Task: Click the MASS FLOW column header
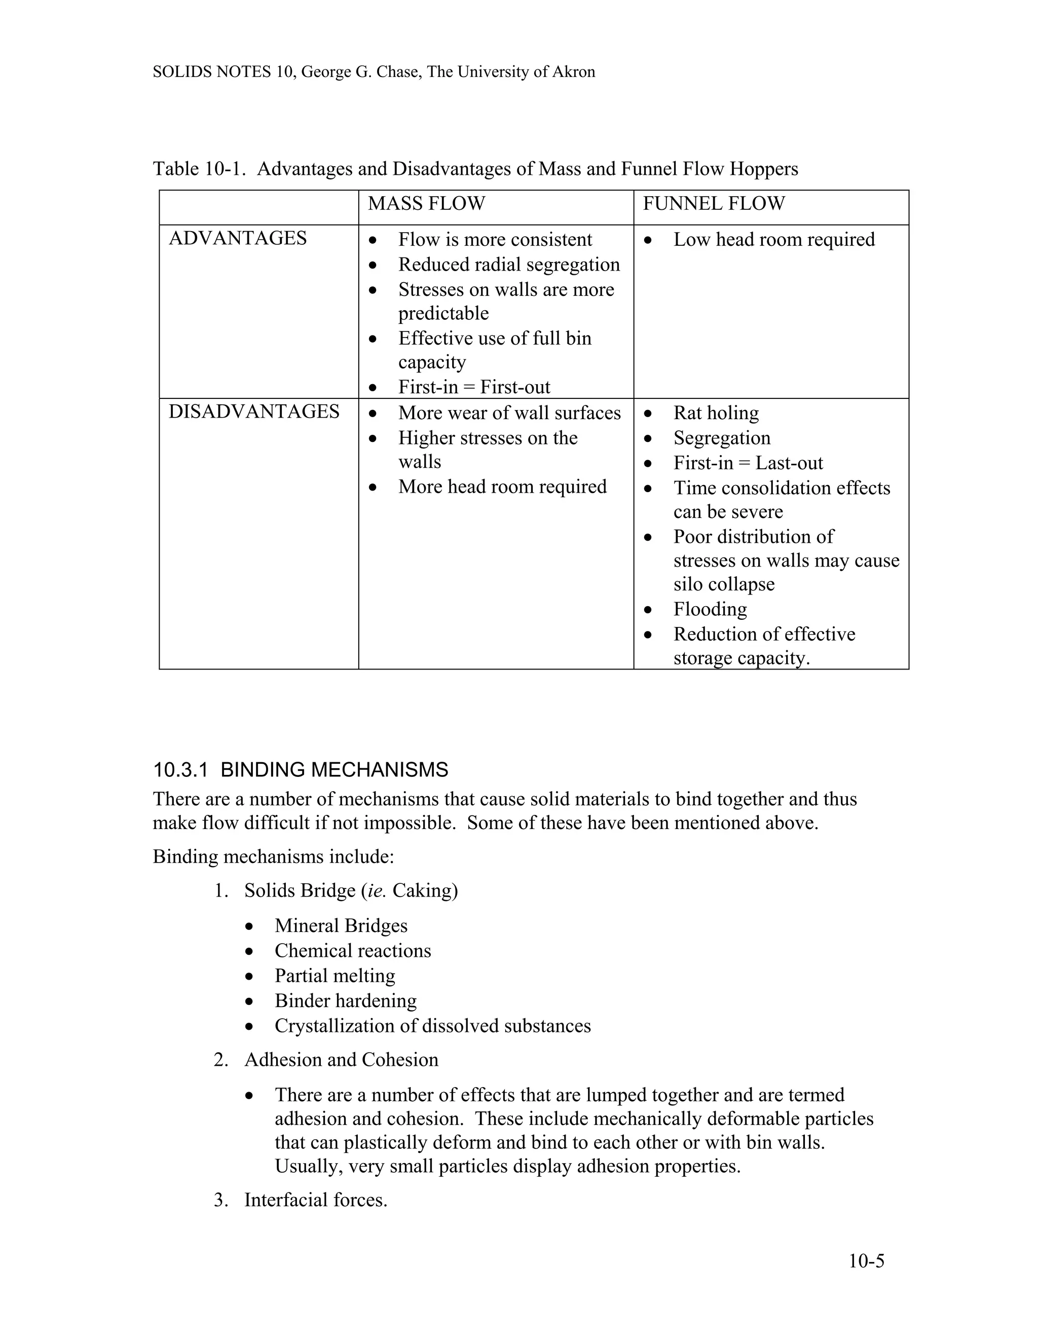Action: (426, 204)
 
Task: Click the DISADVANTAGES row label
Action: (253, 412)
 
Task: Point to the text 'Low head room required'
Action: (773, 240)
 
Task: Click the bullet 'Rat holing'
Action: (716, 413)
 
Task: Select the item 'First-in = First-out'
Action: (474, 387)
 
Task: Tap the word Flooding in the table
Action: (710, 609)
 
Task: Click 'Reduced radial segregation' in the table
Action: (508, 265)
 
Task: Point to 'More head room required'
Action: (502, 487)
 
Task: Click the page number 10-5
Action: (866, 1261)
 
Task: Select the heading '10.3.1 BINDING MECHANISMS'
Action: (301, 770)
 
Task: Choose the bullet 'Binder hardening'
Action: (346, 1001)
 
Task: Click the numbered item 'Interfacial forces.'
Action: (315, 1200)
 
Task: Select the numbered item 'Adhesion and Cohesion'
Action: (341, 1060)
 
